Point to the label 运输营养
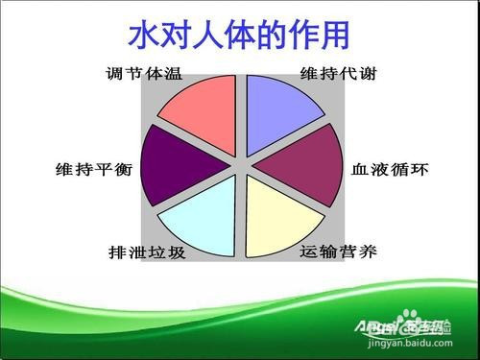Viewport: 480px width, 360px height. pos(338,253)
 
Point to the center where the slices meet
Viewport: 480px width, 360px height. pos(241,164)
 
